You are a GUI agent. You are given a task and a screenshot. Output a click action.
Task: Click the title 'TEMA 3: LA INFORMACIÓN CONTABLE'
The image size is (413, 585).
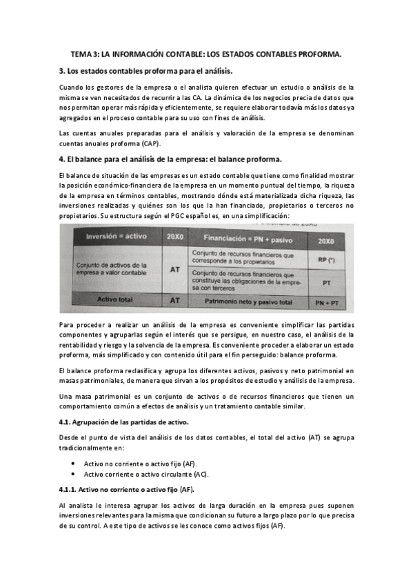[206, 54]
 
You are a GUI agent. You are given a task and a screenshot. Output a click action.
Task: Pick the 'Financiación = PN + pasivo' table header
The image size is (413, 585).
[243, 237]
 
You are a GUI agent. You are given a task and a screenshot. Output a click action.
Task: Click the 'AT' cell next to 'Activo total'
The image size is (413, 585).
[174, 301]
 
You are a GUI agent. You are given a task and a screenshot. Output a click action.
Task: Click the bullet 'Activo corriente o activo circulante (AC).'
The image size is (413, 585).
[147, 475]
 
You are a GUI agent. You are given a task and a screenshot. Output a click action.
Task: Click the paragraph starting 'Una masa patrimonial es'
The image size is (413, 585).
[206, 401]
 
